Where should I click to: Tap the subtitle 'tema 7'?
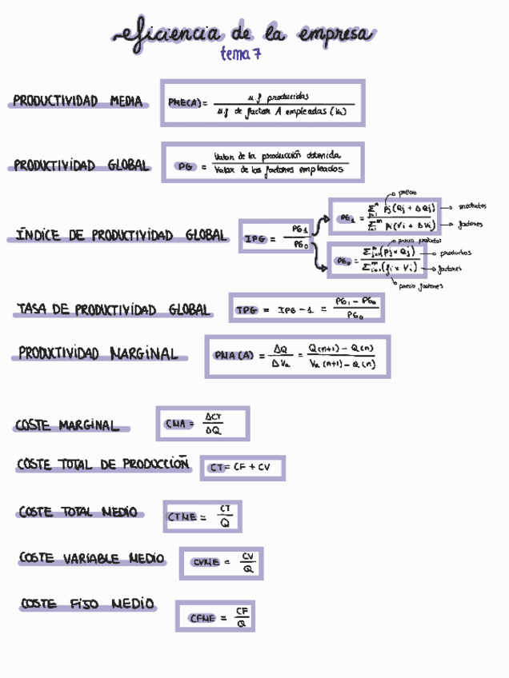241,54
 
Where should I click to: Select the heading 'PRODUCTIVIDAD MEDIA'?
78,102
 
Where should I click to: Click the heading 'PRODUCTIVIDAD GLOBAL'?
81,166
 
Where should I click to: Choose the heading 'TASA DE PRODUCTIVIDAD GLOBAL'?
113,310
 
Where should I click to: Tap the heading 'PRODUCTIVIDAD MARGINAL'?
98,353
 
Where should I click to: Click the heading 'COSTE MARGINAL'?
66,426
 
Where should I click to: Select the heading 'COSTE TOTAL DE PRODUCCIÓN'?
102,464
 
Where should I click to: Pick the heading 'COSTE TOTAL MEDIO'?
78,512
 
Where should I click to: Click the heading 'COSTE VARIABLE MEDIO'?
91,559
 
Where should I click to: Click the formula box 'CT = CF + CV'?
242,468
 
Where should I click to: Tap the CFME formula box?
214,616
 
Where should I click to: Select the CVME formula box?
221,563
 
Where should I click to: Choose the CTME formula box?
202,516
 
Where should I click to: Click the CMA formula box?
202,424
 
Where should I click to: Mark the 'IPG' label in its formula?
254,238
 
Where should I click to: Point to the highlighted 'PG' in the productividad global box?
185,166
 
